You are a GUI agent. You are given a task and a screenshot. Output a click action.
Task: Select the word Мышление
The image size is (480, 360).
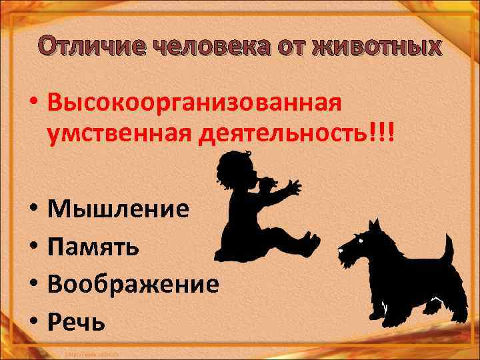click(x=119, y=209)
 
